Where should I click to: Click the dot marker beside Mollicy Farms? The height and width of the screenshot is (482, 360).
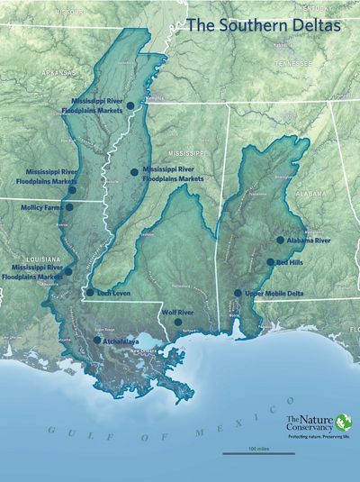(69, 206)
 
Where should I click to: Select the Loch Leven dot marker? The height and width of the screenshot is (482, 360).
(90, 292)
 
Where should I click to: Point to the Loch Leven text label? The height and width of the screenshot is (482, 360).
(116, 292)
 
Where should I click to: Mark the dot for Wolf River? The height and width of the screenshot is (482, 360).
(178, 322)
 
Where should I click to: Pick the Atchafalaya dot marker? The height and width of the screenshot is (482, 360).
(97, 341)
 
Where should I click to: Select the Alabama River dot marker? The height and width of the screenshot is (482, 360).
(280, 241)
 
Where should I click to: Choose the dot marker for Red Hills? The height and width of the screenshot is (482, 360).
(270, 262)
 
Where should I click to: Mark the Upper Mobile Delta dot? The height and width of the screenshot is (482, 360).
(238, 293)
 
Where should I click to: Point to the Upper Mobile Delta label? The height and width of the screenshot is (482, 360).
(273, 294)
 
